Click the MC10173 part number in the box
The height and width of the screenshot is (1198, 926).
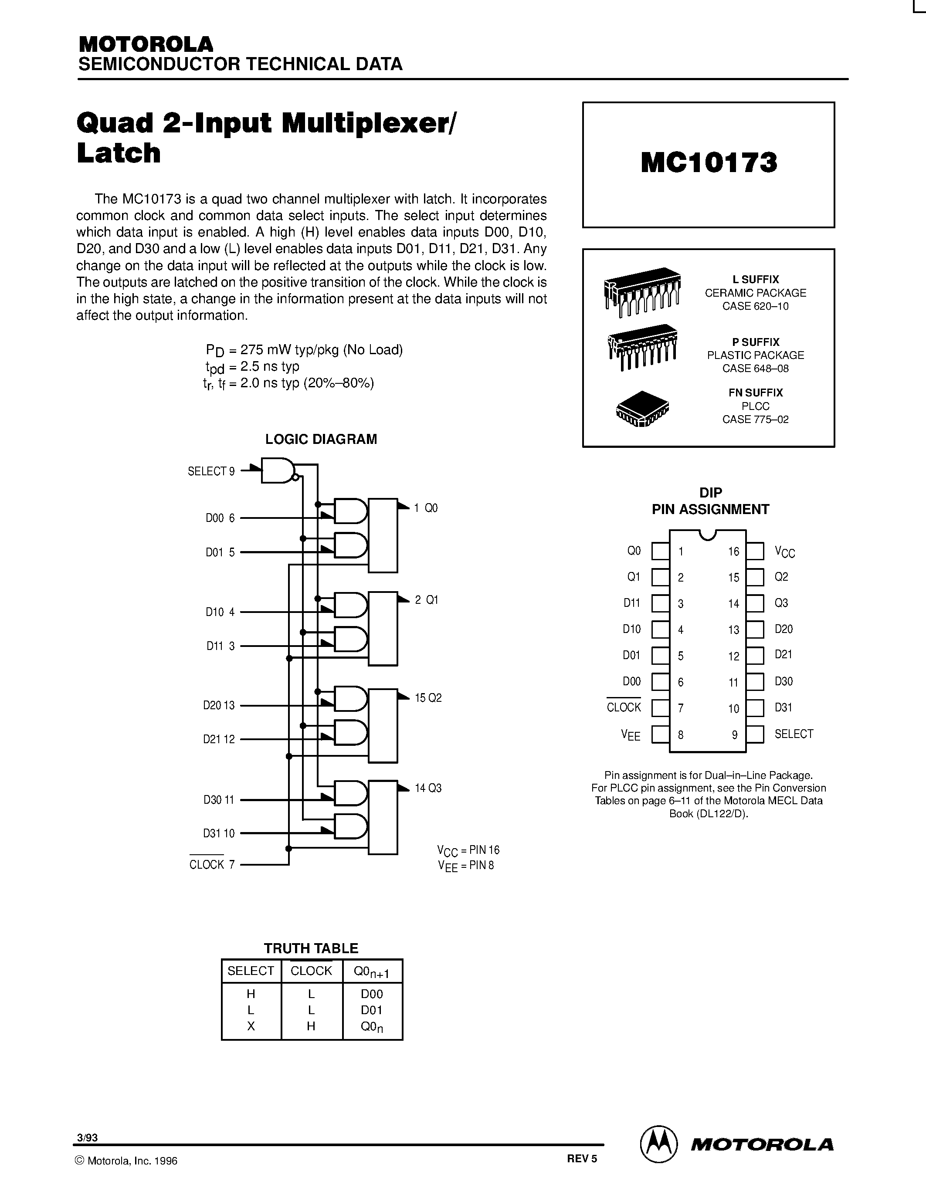click(x=709, y=163)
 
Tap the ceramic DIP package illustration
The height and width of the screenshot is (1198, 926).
click(x=642, y=291)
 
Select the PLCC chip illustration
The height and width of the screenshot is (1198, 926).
click(x=642, y=409)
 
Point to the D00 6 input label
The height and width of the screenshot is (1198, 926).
click(x=220, y=518)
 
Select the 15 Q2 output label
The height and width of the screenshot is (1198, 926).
click(x=428, y=698)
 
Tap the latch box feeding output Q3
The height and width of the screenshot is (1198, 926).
click(x=382, y=817)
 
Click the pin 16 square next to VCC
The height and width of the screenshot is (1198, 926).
click(x=755, y=551)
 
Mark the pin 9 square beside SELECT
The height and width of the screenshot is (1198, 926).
click(x=755, y=734)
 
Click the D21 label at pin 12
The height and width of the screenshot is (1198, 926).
click(x=784, y=655)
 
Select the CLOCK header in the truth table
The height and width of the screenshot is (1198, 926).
click(x=311, y=971)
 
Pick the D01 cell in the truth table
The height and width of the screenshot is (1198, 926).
click(x=371, y=1010)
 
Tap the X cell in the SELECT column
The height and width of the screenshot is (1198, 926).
click(x=251, y=1026)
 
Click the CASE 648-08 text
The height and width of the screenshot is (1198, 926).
click(x=755, y=369)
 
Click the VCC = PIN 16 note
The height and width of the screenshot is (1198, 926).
click(x=468, y=850)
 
